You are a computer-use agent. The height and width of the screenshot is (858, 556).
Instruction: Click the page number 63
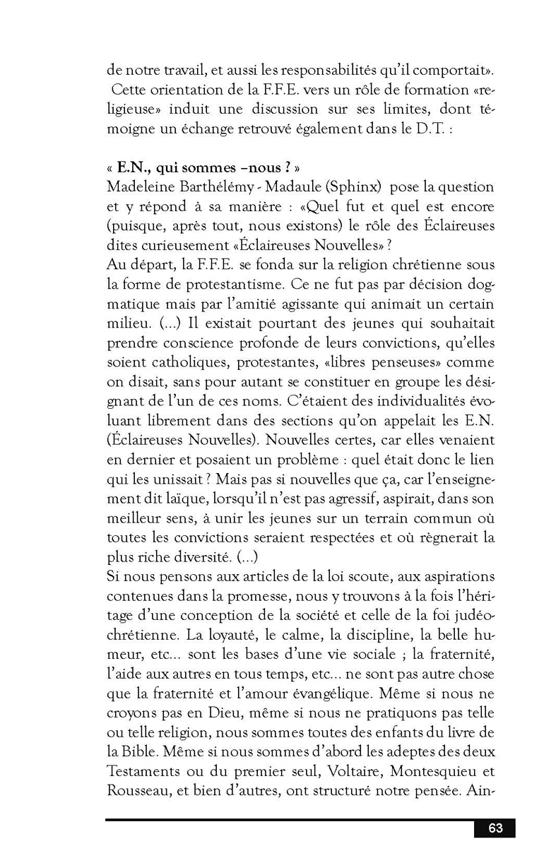coord(495,828)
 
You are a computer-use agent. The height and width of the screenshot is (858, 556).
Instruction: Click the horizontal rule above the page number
coord(290,820)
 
